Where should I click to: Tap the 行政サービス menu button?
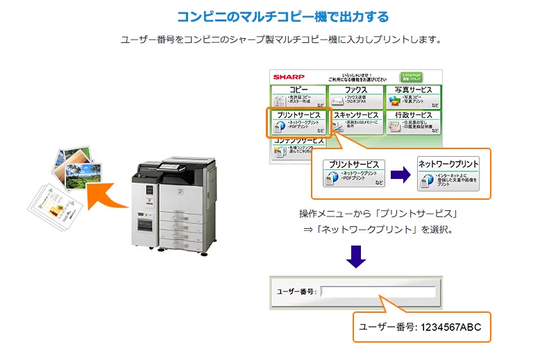click(413, 121)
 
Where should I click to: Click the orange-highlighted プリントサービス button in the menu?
click(298, 121)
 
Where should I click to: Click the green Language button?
click(410, 76)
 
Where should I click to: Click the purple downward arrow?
click(356, 257)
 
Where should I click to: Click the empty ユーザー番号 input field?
click(378, 291)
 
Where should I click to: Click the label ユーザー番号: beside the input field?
click(296, 291)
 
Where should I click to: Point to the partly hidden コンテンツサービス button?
click(298, 145)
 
